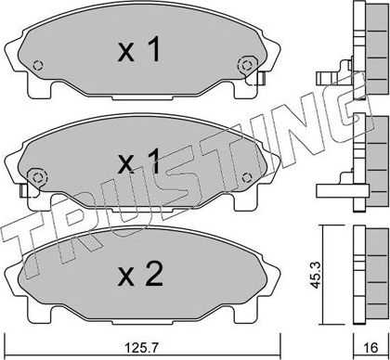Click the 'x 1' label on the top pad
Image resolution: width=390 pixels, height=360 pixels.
click(140, 51)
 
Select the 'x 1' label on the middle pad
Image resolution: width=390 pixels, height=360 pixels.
click(140, 163)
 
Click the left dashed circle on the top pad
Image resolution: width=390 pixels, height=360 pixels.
click(37, 66)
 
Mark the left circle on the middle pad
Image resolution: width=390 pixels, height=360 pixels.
click(38, 176)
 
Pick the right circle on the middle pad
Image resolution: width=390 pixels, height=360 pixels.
click(247, 177)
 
